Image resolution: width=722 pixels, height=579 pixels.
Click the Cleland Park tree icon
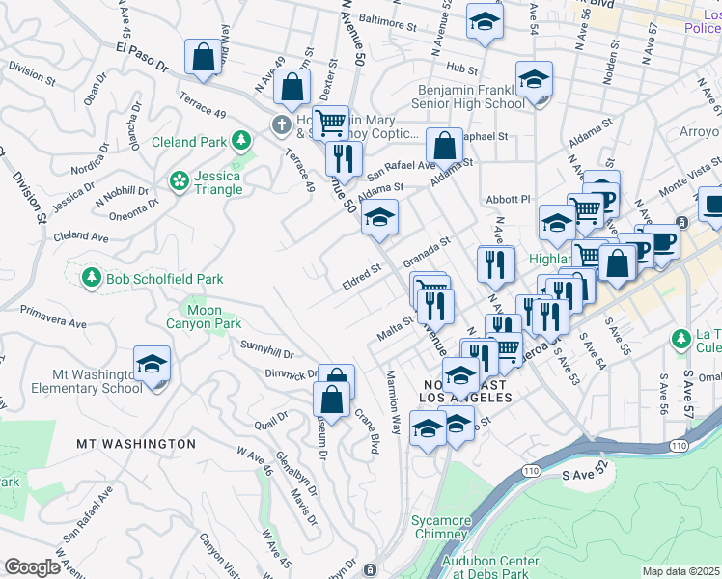tap(241, 142)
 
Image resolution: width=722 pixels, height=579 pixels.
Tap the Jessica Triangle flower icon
tap(179, 181)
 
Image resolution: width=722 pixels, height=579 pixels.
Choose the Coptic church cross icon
tap(281, 124)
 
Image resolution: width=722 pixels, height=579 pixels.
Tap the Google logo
tap(32, 567)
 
